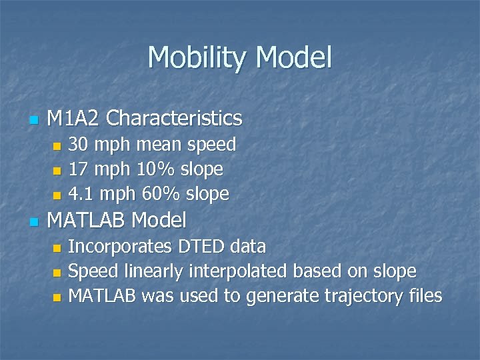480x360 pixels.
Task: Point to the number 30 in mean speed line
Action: tap(79, 144)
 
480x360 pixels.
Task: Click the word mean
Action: tap(161, 144)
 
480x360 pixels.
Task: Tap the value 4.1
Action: tap(80, 194)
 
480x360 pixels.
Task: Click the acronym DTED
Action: tap(201, 247)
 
